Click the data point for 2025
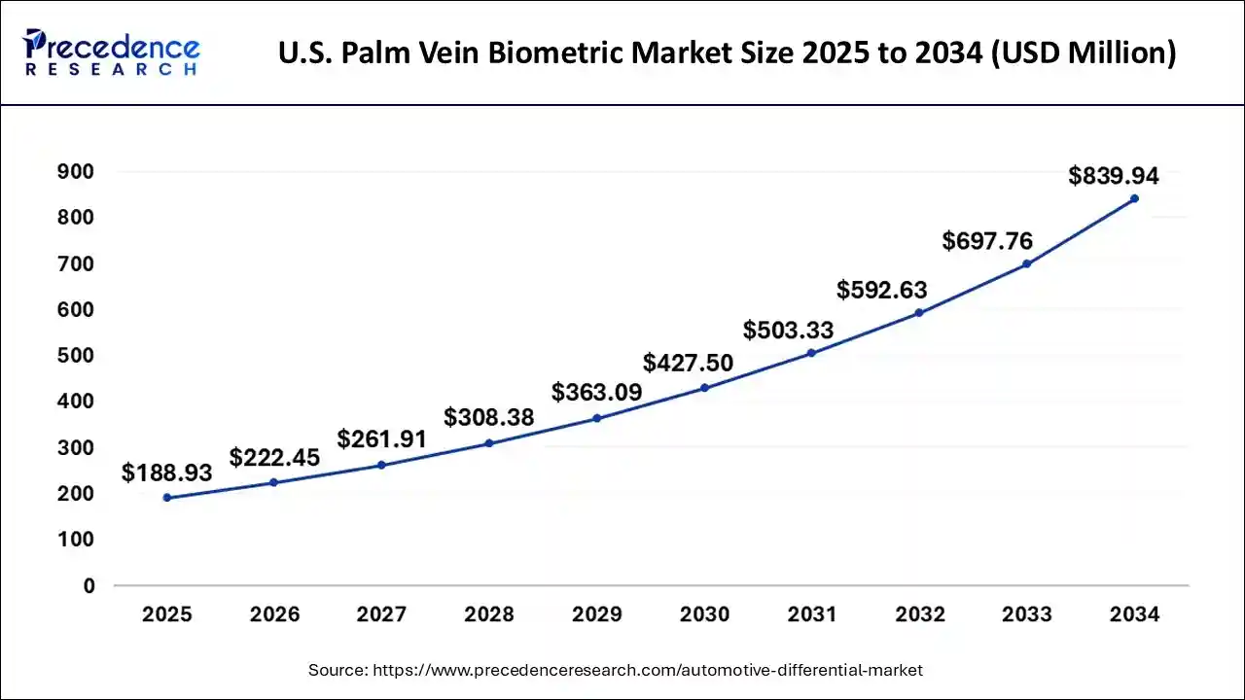click(x=167, y=498)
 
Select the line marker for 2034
click(x=1134, y=198)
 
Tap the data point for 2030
click(x=704, y=388)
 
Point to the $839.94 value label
click(x=1114, y=176)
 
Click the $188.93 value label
click(x=167, y=472)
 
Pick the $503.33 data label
click(x=789, y=330)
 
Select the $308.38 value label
click(x=489, y=417)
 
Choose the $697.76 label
click(x=987, y=241)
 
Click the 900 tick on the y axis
click(x=75, y=172)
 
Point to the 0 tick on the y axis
click(x=89, y=585)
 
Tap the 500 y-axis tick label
click(x=75, y=356)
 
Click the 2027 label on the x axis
click(x=382, y=614)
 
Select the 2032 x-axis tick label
click(x=919, y=614)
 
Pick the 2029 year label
click(x=597, y=614)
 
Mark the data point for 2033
click(x=1027, y=263)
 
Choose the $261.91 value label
click(x=382, y=439)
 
